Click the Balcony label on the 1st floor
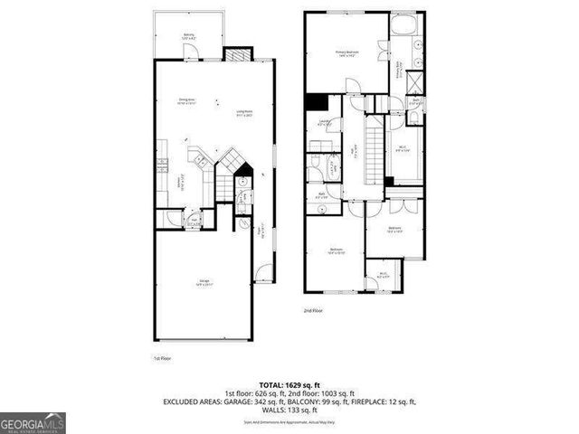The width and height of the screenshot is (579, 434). click(x=188, y=36)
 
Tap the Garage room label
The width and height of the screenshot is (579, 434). click(x=206, y=283)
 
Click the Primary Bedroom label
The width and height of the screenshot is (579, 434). click(x=347, y=53)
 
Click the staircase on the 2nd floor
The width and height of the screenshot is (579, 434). click(x=369, y=149)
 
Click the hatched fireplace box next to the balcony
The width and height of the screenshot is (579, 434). click(x=237, y=52)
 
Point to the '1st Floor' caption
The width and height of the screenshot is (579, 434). click(x=163, y=358)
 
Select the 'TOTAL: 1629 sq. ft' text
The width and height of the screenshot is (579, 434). click(x=289, y=384)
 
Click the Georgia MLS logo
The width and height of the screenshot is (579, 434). click(x=33, y=422)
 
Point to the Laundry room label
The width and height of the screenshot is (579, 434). click(x=323, y=125)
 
